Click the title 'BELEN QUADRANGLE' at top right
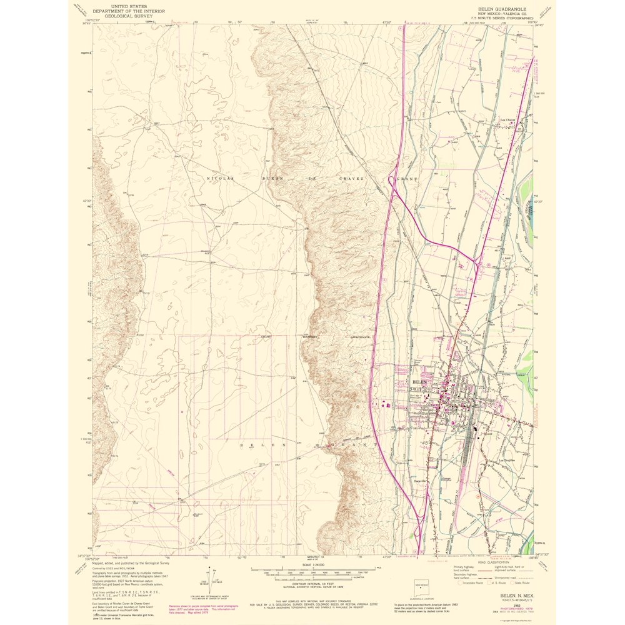pos(499,9)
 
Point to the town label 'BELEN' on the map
pos(419,381)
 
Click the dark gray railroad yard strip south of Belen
pos(470,447)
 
